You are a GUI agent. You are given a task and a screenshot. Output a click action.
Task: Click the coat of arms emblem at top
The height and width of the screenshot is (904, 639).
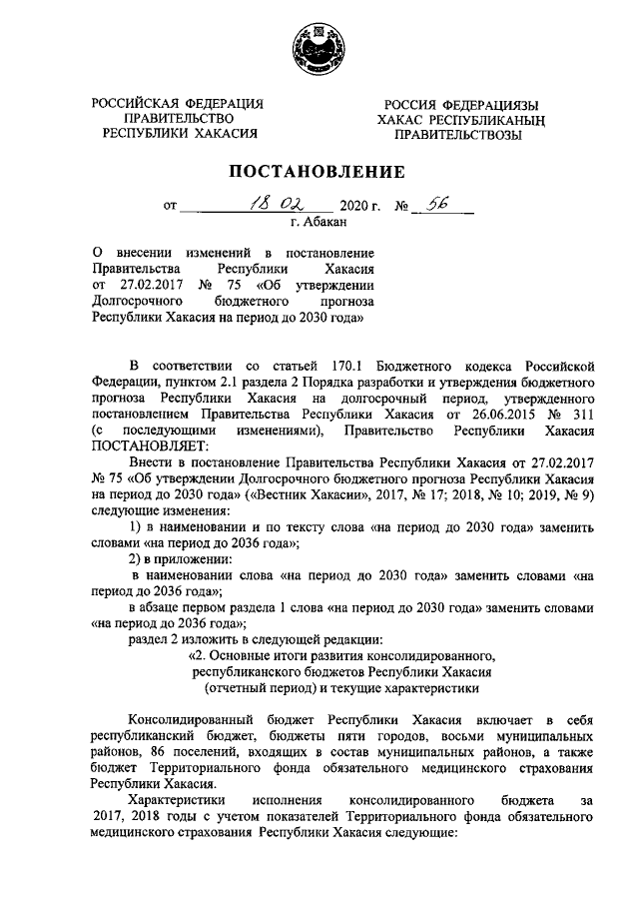pyautogui.click(x=319, y=46)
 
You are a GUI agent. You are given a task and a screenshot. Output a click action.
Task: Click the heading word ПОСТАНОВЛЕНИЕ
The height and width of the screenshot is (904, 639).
pyautogui.click(x=319, y=171)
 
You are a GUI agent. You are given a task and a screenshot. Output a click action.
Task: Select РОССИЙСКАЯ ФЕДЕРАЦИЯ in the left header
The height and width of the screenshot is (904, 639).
pyautogui.click(x=178, y=102)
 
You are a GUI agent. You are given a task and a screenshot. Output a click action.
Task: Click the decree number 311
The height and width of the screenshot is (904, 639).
pyautogui.click(x=581, y=413)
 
